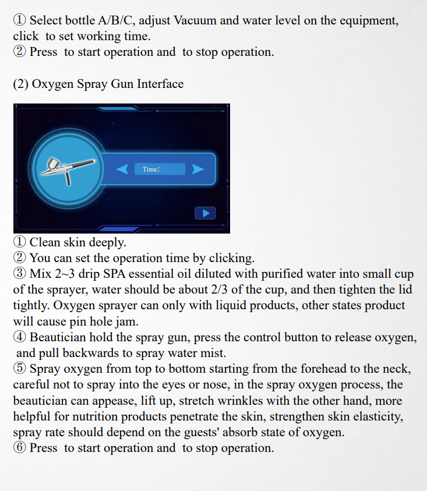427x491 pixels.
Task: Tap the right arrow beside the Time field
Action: tap(198, 169)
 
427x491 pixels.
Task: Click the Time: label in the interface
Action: tap(151, 169)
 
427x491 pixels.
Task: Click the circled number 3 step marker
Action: tap(19, 274)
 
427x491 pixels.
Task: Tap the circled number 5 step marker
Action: tap(19, 369)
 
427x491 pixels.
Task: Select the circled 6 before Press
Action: tap(19, 448)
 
